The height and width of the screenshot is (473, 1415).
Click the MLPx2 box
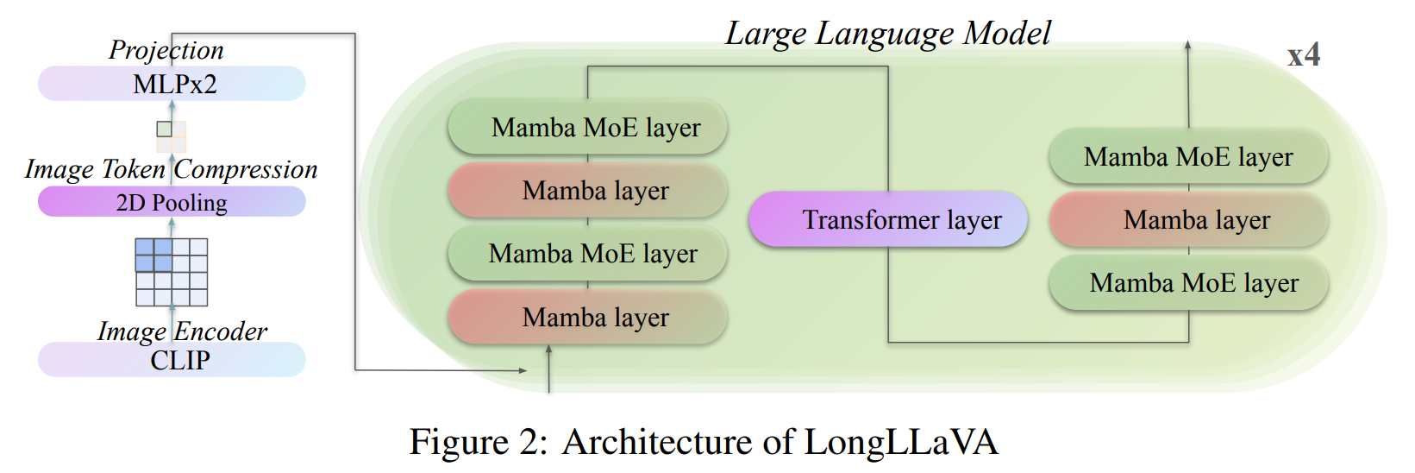(172, 84)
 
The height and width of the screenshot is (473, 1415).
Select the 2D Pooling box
(172, 202)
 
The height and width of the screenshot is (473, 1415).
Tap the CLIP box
(172, 359)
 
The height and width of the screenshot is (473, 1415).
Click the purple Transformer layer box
(888, 219)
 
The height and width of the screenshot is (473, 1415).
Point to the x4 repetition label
(1303, 55)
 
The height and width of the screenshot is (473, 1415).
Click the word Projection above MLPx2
(166, 50)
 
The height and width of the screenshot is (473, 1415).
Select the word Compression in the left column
(246, 169)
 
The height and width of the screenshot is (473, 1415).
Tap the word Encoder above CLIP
(221, 331)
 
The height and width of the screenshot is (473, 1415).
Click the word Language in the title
(886, 33)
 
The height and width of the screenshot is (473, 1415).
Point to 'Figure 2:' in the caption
(478, 442)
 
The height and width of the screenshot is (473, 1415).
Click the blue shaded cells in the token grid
(153, 255)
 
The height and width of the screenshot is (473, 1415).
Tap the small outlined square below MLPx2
(164, 129)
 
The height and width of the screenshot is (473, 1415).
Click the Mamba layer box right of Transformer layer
(1188, 220)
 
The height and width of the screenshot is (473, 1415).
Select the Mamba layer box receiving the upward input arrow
(587, 318)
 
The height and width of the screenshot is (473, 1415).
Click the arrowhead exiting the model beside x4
(1188, 46)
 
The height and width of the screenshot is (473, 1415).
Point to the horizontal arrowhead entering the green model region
(522, 370)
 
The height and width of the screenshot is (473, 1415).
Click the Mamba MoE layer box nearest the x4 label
(1188, 157)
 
